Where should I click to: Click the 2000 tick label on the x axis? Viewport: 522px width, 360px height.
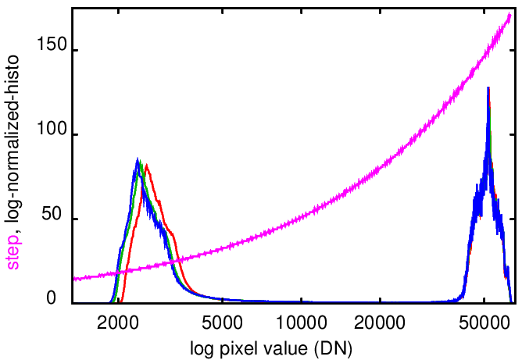(x=120, y=320)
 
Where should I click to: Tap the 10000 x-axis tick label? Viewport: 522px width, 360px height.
(x=301, y=320)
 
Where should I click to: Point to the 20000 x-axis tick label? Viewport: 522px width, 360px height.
(x=379, y=320)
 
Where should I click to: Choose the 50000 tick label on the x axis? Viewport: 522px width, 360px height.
(x=484, y=320)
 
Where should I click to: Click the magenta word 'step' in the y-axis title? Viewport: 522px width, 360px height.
(x=14, y=255)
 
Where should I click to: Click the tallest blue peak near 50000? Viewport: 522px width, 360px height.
(x=488, y=87)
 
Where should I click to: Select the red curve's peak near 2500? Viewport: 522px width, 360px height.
(x=146, y=165)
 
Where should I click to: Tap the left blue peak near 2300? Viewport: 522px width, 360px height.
(x=138, y=159)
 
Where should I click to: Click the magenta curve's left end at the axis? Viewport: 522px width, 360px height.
(x=73, y=279)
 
